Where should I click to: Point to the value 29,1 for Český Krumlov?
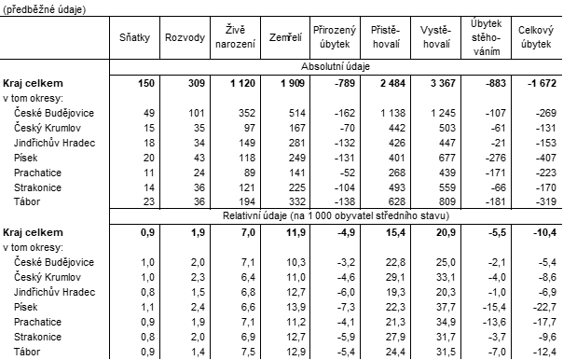click(x=391, y=276)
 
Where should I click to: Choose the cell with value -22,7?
click(x=542, y=306)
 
